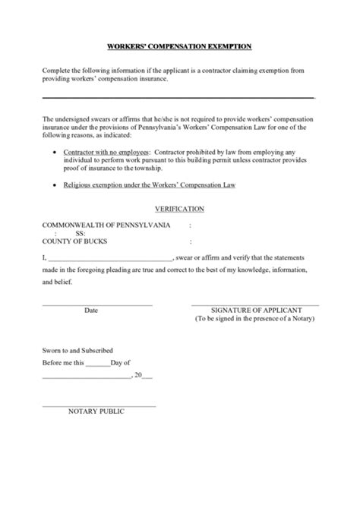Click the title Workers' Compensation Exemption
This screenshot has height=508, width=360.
click(180, 46)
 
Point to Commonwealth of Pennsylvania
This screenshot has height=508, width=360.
click(106, 226)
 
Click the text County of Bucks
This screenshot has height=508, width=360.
click(75, 241)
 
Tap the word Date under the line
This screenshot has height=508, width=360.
click(91, 311)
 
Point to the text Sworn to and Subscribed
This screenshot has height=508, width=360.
click(77, 351)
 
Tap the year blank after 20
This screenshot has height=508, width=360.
click(147, 376)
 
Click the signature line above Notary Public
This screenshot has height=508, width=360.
click(99, 405)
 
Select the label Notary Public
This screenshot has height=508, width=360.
click(96, 412)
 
